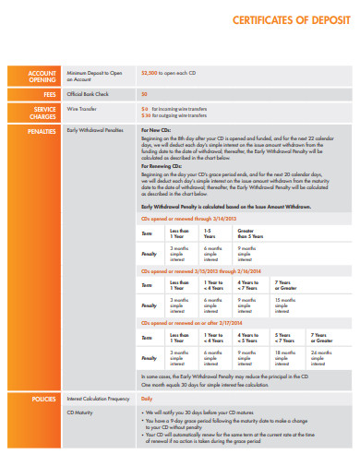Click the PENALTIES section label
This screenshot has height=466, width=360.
click(43, 131)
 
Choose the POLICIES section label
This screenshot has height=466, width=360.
click(43, 399)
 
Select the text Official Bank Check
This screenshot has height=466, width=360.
click(88, 94)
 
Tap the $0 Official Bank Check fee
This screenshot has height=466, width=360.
click(144, 94)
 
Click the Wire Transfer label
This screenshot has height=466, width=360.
click(80, 108)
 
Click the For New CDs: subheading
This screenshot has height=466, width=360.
click(157, 131)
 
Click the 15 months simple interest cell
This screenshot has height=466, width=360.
click(284, 303)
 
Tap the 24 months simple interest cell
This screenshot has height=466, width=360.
click(321, 355)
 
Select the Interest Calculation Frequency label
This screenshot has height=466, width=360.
click(98, 399)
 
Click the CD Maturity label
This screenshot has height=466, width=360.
click(80, 412)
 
